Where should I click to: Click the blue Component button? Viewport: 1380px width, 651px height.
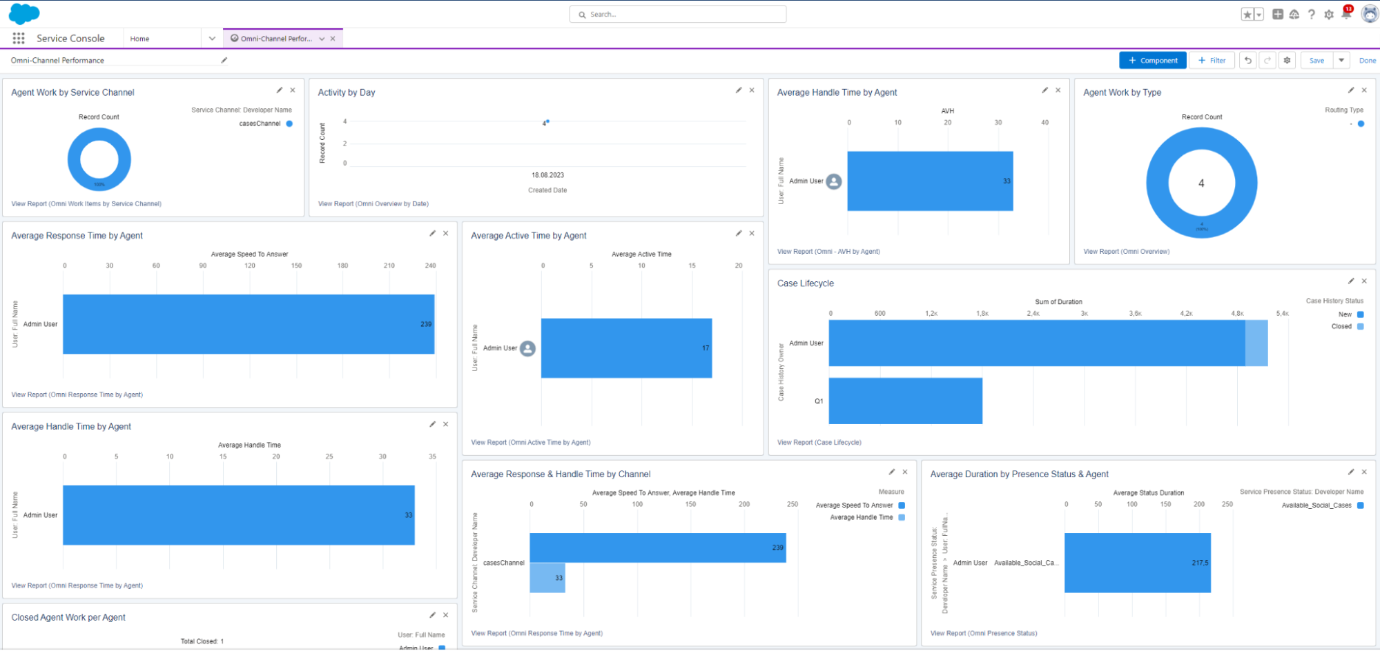pyautogui.click(x=1152, y=61)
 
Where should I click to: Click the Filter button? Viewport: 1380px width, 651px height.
pyautogui.click(x=1212, y=61)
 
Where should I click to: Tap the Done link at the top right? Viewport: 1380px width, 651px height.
pyautogui.click(x=1367, y=61)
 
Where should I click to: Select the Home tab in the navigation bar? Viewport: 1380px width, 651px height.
pyautogui.click(x=140, y=39)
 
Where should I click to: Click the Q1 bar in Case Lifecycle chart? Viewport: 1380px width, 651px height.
pyautogui.click(x=905, y=401)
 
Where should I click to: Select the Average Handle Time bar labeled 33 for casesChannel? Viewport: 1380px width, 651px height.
pyautogui.click(x=547, y=578)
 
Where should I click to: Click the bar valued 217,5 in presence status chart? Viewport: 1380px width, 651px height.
pyautogui.click(x=1137, y=563)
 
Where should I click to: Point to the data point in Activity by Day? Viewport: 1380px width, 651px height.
pyautogui.click(x=547, y=121)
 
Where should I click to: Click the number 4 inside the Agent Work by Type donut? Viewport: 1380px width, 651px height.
pyautogui.click(x=1201, y=183)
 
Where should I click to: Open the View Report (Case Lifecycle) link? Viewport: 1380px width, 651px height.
pyautogui.click(x=819, y=443)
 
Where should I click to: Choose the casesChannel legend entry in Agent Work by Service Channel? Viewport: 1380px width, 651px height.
pyautogui.click(x=260, y=124)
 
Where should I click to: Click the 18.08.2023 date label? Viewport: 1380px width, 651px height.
pyautogui.click(x=547, y=175)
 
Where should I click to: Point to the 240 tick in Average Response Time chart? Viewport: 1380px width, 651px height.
pyautogui.click(x=430, y=266)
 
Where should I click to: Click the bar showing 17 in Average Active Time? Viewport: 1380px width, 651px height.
pyautogui.click(x=626, y=348)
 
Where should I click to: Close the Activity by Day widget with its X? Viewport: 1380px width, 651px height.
pyautogui.click(x=752, y=90)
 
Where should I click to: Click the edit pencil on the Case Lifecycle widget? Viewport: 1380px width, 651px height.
pyautogui.click(x=1351, y=281)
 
